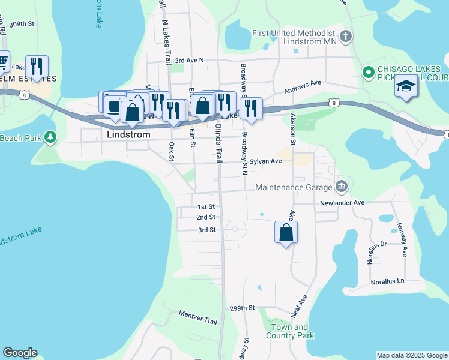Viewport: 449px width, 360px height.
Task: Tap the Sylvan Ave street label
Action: pyautogui.click(x=266, y=161)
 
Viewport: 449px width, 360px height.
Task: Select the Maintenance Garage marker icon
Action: pyautogui.click(x=342, y=187)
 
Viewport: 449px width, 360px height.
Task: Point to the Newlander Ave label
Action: pyautogui.click(x=342, y=203)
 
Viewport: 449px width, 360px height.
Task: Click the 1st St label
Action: pyautogui.click(x=206, y=206)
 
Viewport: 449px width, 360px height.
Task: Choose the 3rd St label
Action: pyautogui.click(x=206, y=230)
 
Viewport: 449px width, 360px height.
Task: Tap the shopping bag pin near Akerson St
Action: pyautogui.click(x=286, y=232)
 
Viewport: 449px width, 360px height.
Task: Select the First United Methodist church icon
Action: pyautogui.click(x=345, y=37)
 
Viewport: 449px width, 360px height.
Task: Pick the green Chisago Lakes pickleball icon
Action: pyautogui.click(x=369, y=73)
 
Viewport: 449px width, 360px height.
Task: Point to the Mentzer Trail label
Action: pyautogui.click(x=198, y=317)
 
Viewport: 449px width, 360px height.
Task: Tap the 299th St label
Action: pyautogui.click(x=243, y=308)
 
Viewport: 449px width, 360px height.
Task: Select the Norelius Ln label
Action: pyautogui.click(x=387, y=281)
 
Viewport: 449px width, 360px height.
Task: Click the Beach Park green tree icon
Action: pyautogui.click(x=50, y=138)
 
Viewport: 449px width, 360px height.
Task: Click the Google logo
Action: pyautogui.click(x=20, y=353)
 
